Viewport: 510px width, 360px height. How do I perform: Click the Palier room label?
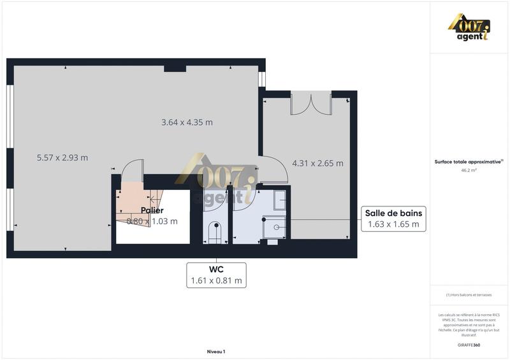(152, 210)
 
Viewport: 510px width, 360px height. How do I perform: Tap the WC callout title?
(215, 269)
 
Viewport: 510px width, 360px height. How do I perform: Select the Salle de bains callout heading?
(393, 213)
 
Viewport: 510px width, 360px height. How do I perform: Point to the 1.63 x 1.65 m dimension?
(393, 224)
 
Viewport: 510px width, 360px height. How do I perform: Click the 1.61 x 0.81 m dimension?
(215, 280)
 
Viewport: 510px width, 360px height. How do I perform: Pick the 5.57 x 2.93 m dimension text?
(62, 157)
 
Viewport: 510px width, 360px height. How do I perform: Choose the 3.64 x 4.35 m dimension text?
(187, 122)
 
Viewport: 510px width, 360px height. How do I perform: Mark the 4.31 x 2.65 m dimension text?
(317, 163)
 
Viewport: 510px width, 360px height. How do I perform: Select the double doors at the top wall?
(310, 104)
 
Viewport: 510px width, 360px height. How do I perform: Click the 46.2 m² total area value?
(469, 171)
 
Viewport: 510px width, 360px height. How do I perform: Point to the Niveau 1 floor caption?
(216, 352)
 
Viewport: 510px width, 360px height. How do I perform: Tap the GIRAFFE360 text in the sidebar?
(469, 345)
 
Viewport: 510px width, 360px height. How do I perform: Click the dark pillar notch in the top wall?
(175, 68)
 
